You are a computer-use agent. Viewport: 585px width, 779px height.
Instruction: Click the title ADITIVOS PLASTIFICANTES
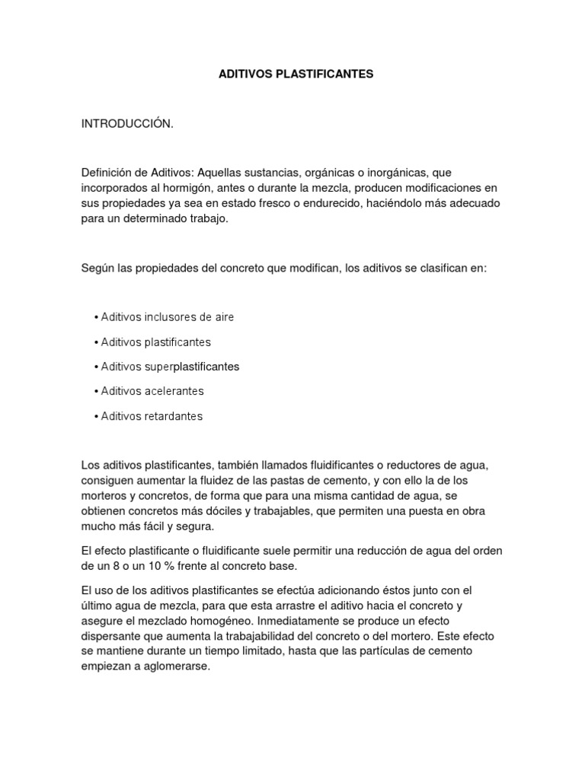click(296, 74)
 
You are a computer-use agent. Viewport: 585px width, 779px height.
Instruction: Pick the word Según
click(98, 268)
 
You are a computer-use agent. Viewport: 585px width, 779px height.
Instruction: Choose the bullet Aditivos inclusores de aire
click(164, 316)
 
